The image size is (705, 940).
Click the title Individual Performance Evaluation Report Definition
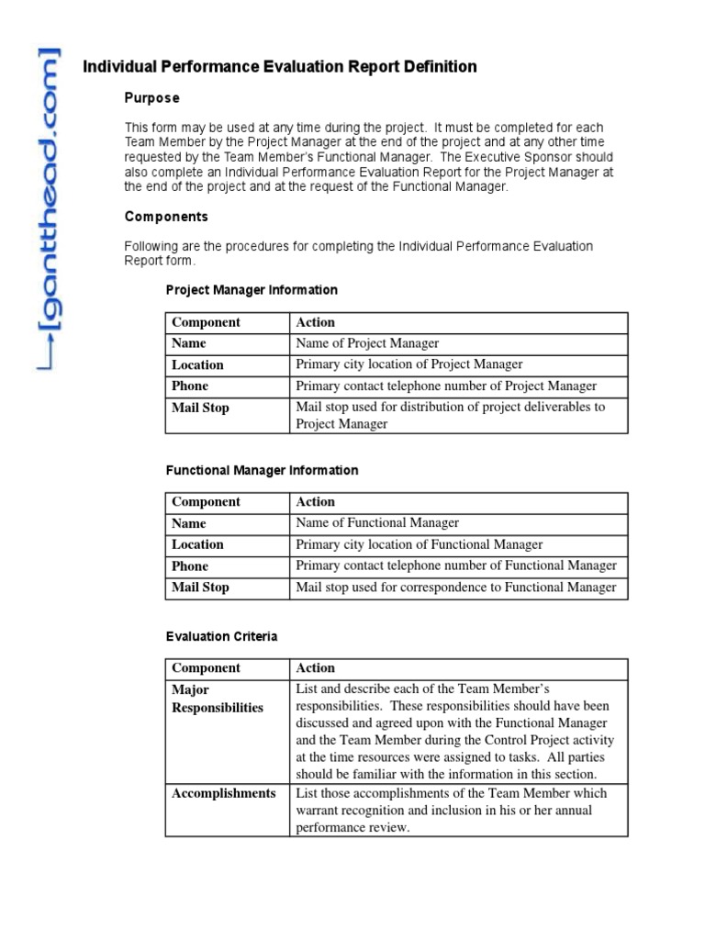(280, 67)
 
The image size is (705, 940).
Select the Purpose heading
(151, 98)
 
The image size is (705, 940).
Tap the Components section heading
(166, 218)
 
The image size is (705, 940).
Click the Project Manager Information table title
(252, 290)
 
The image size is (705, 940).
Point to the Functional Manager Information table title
(262, 470)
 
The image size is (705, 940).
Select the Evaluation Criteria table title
(221, 636)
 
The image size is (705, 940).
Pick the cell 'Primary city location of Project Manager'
(408, 364)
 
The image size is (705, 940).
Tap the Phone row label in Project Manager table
(190, 386)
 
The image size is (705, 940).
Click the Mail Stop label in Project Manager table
(200, 408)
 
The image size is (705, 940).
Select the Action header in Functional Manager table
(315, 502)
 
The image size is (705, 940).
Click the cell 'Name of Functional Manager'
(376, 523)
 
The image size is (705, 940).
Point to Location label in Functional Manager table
(197, 544)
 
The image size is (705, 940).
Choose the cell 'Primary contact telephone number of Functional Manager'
(455, 565)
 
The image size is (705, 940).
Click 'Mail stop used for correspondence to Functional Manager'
(455, 587)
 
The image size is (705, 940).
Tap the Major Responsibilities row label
(217, 699)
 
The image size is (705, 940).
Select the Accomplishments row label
(223, 793)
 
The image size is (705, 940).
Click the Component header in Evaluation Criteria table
(206, 668)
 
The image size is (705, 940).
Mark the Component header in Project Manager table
(206, 322)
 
